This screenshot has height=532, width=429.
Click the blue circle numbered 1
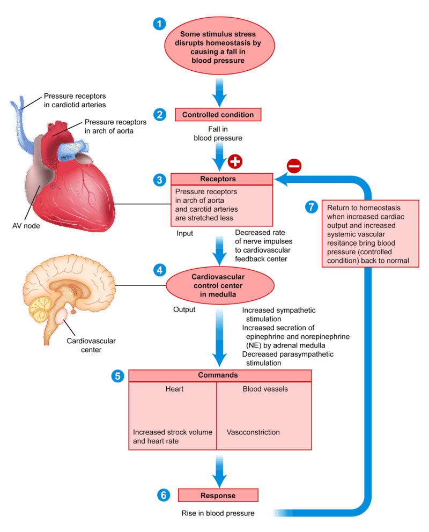pyautogui.click(x=159, y=24)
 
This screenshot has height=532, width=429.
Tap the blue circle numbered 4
pyautogui.click(x=159, y=270)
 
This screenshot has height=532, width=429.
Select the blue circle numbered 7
pyautogui.click(x=312, y=208)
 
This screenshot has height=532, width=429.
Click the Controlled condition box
pyautogui.click(x=218, y=115)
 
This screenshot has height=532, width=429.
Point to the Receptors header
pyautogui.click(x=222, y=179)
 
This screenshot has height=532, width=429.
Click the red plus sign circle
pyautogui.click(x=235, y=161)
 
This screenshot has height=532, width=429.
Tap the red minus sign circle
pyautogui.click(x=294, y=166)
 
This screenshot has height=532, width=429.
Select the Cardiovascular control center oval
pyautogui.click(x=220, y=285)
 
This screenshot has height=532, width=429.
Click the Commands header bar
pyautogui.click(x=220, y=375)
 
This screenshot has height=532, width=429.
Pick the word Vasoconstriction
pyautogui.click(x=253, y=432)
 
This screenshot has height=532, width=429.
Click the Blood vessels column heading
pyautogui.click(x=265, y=389)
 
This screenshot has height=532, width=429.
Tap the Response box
pyautogui.click(x=218, y=495)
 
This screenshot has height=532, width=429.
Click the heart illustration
pyautogui.click(x=70, y=172)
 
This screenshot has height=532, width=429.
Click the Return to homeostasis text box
pyautogui.click(x=371, y=234)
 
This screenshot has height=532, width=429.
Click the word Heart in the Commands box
pyautogui.click(x=174, y=389)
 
